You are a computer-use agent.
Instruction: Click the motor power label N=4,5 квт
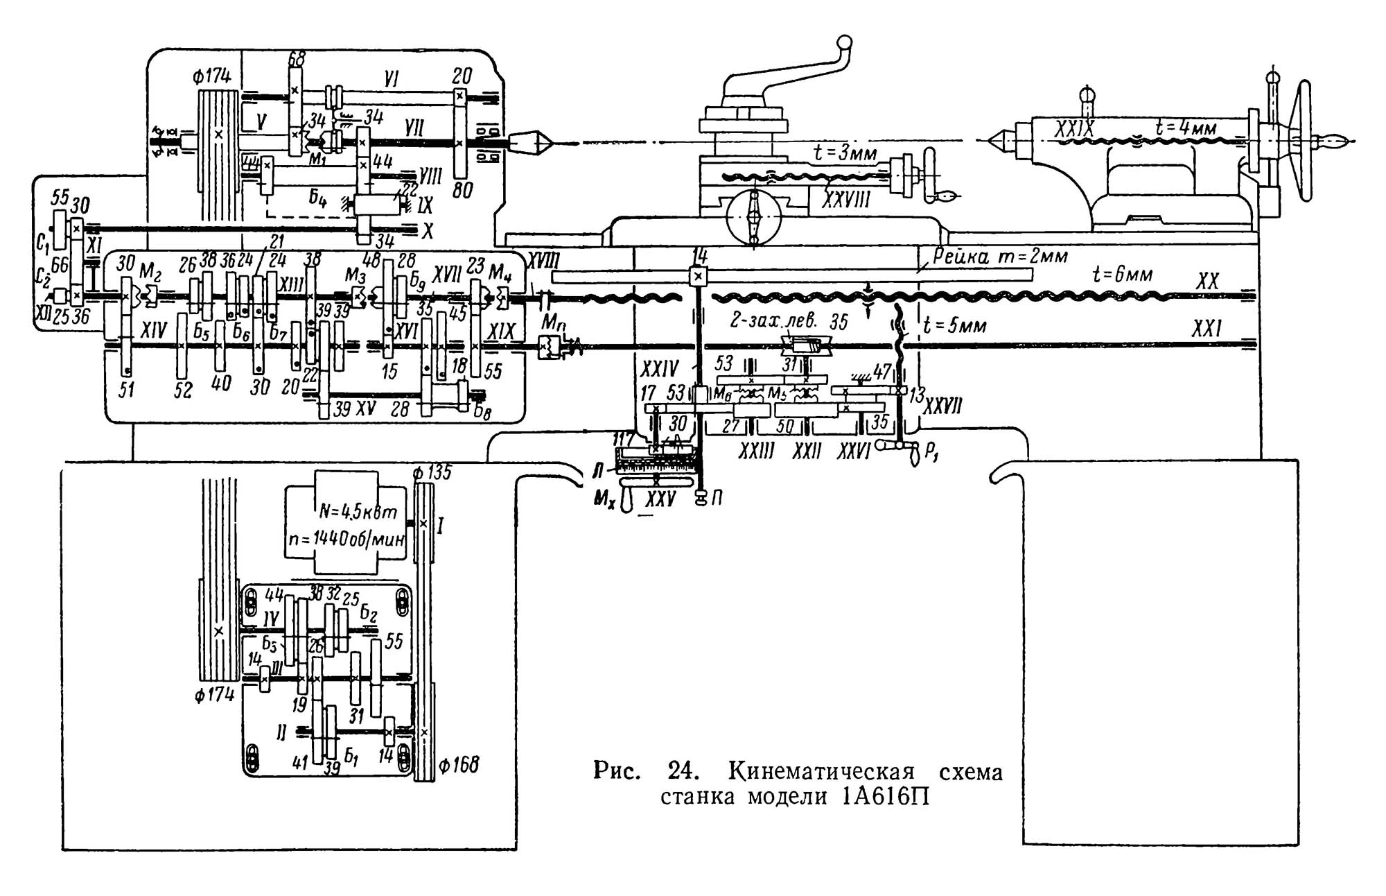[358, 514]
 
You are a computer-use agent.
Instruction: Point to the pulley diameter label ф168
[459, 766]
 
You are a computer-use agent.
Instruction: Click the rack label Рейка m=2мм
[999, 256]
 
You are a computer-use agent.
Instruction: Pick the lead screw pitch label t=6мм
[1122, 275]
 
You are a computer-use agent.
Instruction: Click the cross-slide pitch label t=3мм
[845, 153]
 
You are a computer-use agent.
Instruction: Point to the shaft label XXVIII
[846, 200]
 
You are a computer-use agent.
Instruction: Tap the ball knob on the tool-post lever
[844, 43]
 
